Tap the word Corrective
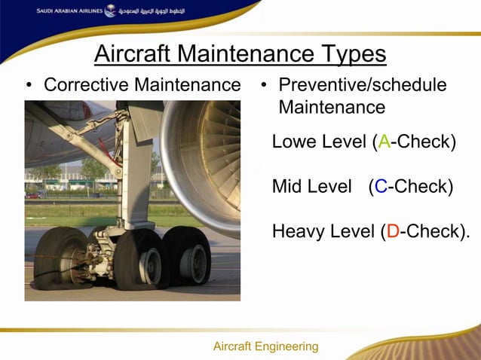click(x=84, y=85)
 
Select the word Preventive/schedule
click(x=363, y=85)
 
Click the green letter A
click(x=384, y=142)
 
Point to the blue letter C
click(x=381, y=186)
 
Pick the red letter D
click(x=392, y=231)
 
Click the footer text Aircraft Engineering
click(x=265, y=346)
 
